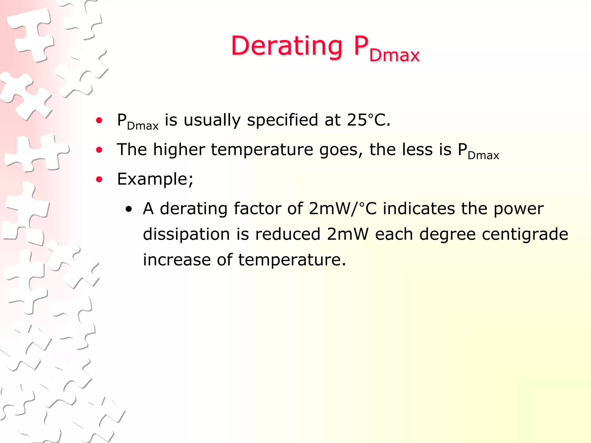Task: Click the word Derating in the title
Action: [x=287, y=46]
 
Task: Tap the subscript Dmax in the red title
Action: [x=394, y=55]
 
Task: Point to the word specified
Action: [x=282, y=121]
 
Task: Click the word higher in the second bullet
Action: [x=179, y=149]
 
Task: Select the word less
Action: [x=417, y=149]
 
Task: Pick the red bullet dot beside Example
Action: [x=99, y=180]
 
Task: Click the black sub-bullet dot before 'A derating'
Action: [x=129, y=210]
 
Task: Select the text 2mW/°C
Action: [x=343, y=209]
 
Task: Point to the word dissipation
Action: [x=186, y=234]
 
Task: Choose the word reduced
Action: [x=288, y=234]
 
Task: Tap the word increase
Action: [x=177, y=260]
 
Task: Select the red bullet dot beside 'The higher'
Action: [x=99, y=150]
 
